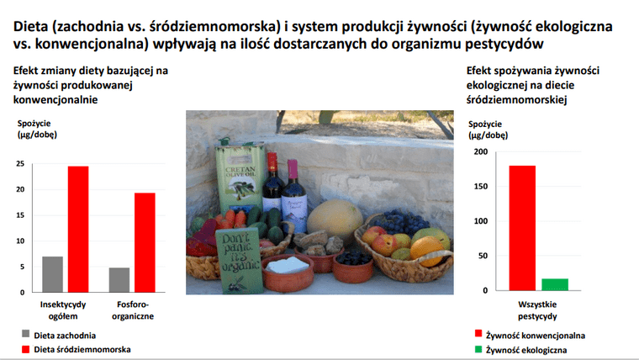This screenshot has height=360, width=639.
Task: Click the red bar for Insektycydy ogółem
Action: click(78, 229)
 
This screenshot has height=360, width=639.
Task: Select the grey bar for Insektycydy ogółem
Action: click(53, 274)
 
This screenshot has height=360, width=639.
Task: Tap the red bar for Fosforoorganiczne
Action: click(145, 242)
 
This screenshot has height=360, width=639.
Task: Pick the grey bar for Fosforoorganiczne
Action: click(119, 280)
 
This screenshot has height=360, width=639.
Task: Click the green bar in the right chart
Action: click(555, 284)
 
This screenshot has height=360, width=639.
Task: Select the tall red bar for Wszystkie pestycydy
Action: click(522, 228)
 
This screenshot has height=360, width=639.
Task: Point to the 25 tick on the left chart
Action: click(20, 164)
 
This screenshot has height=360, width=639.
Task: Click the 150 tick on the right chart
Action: click(480, 187)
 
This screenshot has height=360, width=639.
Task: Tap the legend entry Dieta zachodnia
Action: click(59, 335)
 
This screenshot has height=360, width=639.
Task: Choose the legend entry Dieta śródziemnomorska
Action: click(77, 349)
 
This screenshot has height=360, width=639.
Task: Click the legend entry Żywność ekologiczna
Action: click(520, 350)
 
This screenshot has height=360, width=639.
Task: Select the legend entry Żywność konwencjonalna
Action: click(531, 335)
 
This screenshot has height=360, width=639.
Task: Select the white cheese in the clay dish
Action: click(288, 265)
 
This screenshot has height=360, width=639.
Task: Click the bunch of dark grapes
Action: click(401, 223)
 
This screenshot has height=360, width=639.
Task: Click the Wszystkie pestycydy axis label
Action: click(537, 310)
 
